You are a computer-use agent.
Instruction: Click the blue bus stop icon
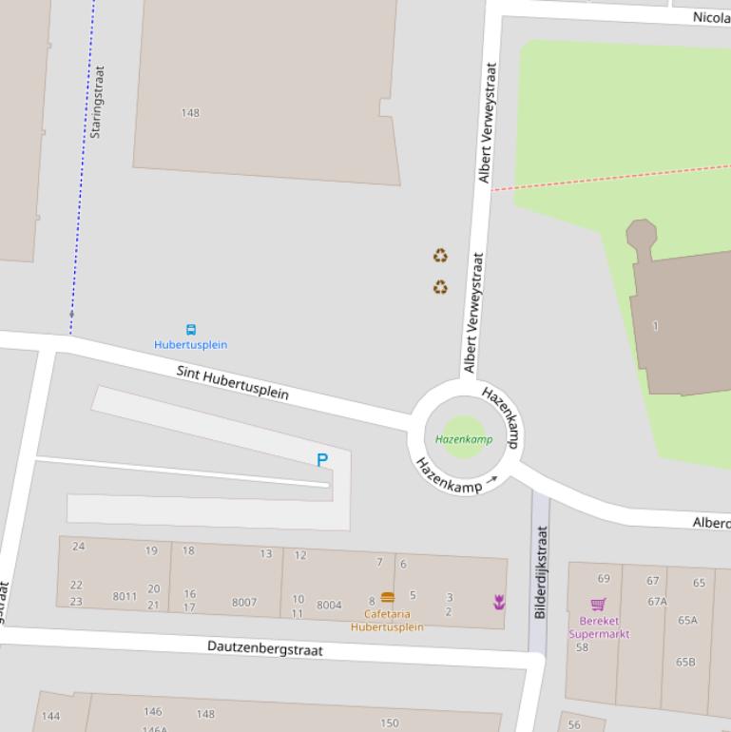pyautogui.click(x=191, y=330)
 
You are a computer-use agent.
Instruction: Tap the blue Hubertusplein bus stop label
pyautogui.click(x=191, y=345)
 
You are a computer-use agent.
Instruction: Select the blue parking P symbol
pyautogui.click(x=322, y=460)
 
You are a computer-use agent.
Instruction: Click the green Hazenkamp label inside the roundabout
pyautogui.click(x=464, y=439)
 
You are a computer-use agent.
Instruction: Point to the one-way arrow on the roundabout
pyautogui.click(x=491, y=481)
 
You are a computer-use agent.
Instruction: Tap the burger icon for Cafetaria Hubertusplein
pyautogui.click(x=387, y=597)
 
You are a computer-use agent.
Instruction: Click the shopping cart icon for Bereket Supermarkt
pyautogui.click(x=598, y=604)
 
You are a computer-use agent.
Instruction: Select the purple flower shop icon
pyautogui.click(x=498, y=601)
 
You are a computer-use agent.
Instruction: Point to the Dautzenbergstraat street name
pyautogui.click(x=265, y=648)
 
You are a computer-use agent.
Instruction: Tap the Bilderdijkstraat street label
pyautogui.click(x=541, y=573)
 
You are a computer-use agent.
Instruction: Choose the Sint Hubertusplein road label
pyautogui.click(x=233, y=381)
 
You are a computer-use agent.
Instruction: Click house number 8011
pyautogui.click(x=125, y=597)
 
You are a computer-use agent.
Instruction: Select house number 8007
pyautogui.click(x=244, y=602)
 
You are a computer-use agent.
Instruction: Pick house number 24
pyautogui.click(x=78, y=547)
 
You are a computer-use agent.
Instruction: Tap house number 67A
pyautogui.click(x=657, y=602)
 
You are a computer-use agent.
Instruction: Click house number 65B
pyautogui.click(x=686, y=662)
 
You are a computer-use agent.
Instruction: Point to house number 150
pyautogui.click(x=390, y=722)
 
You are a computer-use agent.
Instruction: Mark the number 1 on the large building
pyautogui.click(x=655, y=326)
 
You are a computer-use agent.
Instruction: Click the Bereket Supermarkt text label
pyautogui.click(x=599, y=627)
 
